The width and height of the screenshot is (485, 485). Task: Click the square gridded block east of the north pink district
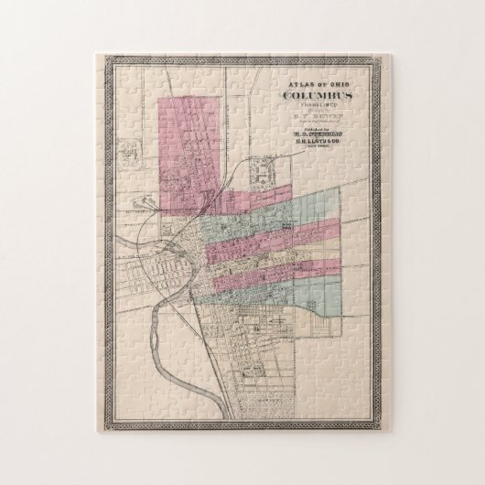271,172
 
